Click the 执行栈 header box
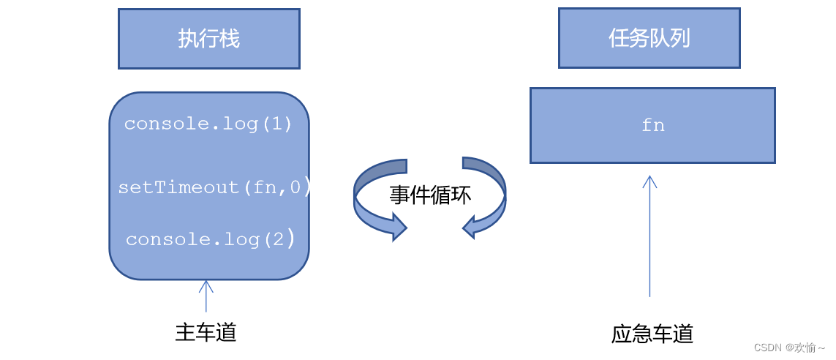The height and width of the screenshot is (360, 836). [x=209, y=39]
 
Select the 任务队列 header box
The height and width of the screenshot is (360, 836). [x=649, y=38]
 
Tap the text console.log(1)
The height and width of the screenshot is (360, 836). [x=208, y=124]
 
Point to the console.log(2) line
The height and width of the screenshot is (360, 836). [x=211, y=239]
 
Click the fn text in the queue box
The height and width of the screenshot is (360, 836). [x=652, y=126]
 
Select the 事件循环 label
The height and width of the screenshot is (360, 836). [x=430, y=195]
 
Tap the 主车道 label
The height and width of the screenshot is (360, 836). [x=206, y=332]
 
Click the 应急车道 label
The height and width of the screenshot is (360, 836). [x=652, y=334]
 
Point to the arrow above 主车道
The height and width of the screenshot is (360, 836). [x=206, y=296]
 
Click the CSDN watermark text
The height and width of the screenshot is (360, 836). [x=789, y=348]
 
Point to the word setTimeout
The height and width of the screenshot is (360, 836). [x=178, y=187]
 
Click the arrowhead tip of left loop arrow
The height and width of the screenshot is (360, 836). [x=404, y=227]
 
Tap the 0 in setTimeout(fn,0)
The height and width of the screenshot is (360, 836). [x=295, y=187]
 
